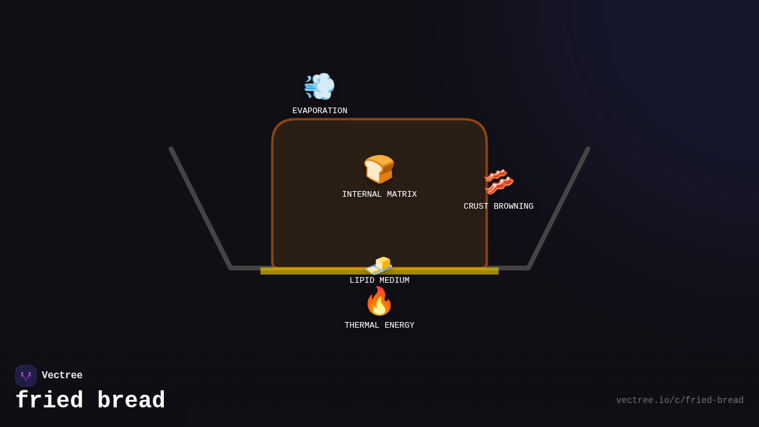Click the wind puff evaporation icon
point(319,86)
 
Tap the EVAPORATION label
point(319,111)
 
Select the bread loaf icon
point(379,169)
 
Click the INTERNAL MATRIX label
point(379,195)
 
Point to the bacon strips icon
point(498,182)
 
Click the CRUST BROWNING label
point(498,207)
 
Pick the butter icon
point(379,264)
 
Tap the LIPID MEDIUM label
point(379,281)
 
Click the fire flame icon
point(379,301)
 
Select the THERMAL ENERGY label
point(379,326)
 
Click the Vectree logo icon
point(26,376)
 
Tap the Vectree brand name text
point(62,376)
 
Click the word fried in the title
point(49,401)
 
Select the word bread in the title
point(132,401)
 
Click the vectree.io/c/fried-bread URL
point(680,400)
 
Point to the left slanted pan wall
point(201,208)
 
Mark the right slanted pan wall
point(558,208)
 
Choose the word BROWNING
point(514,207)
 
